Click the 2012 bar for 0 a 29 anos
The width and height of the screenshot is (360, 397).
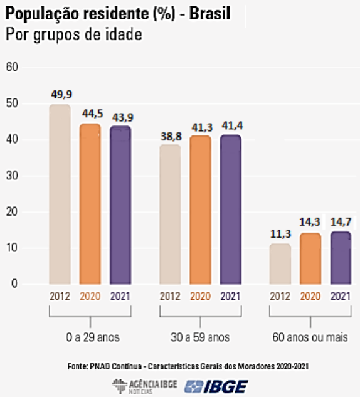(x=60, y=194)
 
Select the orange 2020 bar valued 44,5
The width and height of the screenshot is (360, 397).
(x=90, y=204)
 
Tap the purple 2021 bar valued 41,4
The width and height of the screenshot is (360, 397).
(x=230, y=209)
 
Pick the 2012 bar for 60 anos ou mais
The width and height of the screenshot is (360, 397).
(x=280, y=264)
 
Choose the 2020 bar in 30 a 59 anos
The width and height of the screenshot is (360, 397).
(x=200, y=209)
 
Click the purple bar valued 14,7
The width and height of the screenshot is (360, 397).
(x=341, y=258)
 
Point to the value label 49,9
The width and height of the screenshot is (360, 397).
(x=60, y=95)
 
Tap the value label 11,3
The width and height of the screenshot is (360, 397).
(x=280, y=235)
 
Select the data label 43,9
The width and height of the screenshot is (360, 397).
(x=121, y=117)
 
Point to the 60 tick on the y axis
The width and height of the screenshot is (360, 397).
(x=12, y=67)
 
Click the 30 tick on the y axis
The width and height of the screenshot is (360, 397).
(x=12, y=176)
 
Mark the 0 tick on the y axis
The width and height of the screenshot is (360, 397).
(x=14, y=284)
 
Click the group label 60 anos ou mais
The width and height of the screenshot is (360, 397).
(x=310, y=337)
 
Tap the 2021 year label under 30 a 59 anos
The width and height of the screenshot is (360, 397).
(x=230, y=297)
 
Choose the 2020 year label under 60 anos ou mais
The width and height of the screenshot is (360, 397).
(x=310, y=297)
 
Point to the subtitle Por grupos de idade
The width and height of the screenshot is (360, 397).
(x=73, y=34)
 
